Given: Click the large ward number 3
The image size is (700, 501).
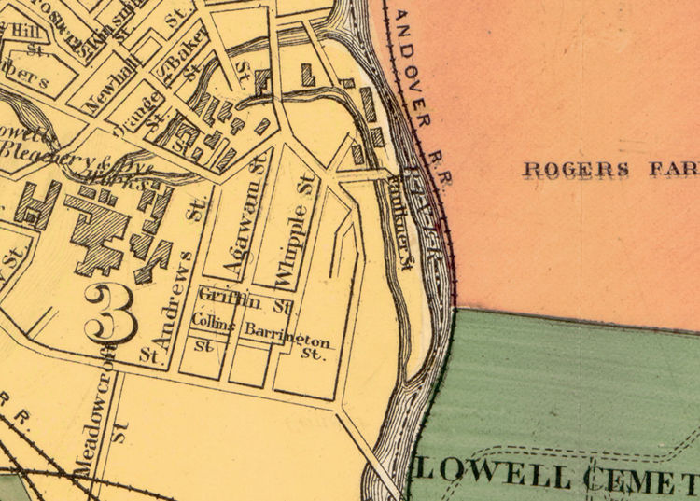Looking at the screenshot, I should coord(111,314).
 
